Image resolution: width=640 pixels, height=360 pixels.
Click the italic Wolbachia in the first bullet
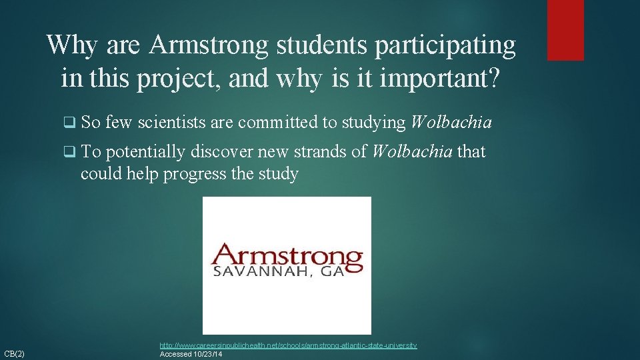pos(451,122)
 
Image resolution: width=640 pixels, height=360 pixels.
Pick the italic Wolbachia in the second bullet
pos(412,152)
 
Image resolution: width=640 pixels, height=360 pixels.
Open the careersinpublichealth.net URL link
pos(288,345)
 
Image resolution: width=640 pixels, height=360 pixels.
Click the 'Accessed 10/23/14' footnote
pos(191,354)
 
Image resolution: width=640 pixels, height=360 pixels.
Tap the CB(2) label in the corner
pos(14,353)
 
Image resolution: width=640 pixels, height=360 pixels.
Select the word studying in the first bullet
pos(373,122)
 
